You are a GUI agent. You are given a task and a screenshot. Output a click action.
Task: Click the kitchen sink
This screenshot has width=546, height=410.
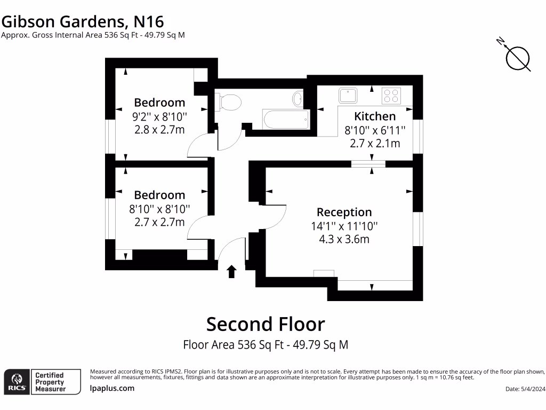(348, 95)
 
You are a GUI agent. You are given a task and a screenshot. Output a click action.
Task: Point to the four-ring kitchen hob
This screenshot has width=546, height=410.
(391, 96)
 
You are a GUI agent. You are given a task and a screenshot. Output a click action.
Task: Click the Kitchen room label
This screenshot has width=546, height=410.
(375, 116)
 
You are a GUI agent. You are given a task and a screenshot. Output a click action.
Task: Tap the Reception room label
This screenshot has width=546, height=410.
(344, 212)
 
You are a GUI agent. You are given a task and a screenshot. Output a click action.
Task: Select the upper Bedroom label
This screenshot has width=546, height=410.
(159, 102)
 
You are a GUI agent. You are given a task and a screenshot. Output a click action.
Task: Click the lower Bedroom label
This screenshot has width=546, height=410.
(159, 195)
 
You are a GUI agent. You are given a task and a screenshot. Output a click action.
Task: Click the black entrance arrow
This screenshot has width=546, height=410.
(231, 272)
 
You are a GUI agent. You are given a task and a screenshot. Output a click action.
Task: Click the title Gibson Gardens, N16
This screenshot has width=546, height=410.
(82, 21)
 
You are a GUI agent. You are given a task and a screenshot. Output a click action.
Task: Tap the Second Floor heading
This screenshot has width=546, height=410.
(266, 324)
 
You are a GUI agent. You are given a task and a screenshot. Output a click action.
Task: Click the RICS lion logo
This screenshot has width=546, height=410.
(16, 382)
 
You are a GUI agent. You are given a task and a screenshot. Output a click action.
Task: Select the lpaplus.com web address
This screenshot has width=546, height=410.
(112, 388)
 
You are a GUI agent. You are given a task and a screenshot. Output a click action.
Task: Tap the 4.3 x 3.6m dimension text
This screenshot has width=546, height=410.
(344, 239)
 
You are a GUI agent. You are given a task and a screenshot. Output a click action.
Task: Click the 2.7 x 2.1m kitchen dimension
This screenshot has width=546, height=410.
(375, 143)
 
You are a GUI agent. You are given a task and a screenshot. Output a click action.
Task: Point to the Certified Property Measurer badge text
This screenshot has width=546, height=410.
(50, 382)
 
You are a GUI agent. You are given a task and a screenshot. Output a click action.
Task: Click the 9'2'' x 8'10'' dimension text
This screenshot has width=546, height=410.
(159, 116)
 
